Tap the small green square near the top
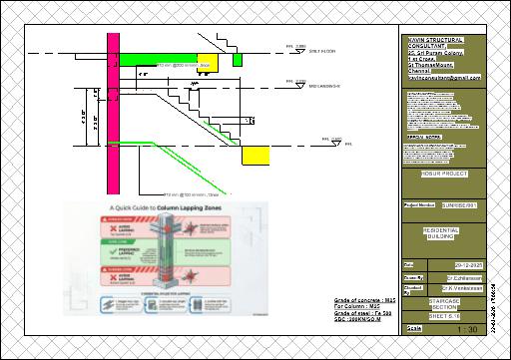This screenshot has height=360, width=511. coord(237,60)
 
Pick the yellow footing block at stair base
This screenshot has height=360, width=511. coord(256,155)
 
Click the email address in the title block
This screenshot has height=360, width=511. coord(443,76)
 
